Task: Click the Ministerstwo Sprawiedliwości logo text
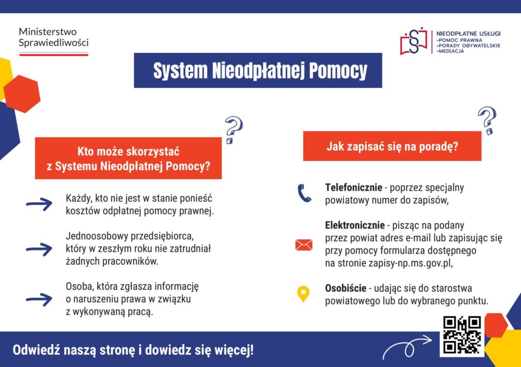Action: coord(53,37)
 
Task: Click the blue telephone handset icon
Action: coord(304,194)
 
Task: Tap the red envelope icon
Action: coord(304,245)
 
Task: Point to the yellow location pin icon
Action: coord(303,294)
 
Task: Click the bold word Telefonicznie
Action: coord(354,188)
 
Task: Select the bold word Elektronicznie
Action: coord(355,225)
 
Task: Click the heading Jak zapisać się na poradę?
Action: coord(392,146)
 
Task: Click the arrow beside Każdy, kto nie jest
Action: coord(39,204)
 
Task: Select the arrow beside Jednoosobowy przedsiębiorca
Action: coord(39,249)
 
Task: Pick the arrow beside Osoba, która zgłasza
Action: coord(39,299)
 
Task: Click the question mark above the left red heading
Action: coord(233,130)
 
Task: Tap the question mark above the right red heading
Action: coord(487,120)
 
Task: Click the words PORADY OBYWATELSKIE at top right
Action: coord(469,46)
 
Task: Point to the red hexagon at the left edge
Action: coord(22,94)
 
